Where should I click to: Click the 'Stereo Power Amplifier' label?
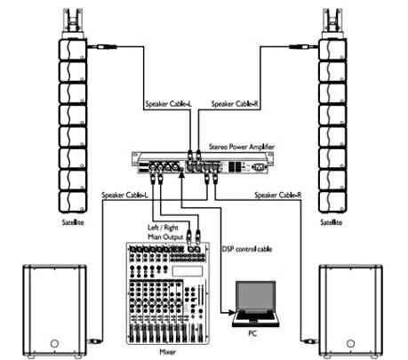(242, 147)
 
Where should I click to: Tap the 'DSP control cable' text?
(247, 249)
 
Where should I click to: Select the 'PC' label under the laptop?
(252, 333)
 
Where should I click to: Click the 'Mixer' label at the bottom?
(168, 352)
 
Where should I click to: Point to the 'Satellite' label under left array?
(73, 222)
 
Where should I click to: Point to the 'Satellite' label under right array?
(332, 222)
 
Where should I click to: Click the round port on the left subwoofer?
(54, 344)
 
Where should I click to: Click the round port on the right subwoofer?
(351, 344)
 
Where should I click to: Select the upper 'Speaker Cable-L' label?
(169, 104)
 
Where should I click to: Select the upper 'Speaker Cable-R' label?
(235, 104)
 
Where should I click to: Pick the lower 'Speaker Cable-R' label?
(278, 195)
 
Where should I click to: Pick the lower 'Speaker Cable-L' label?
(124, 195)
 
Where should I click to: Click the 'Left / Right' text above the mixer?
(163, 228)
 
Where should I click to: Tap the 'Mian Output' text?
(165, 237)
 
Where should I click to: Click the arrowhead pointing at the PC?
(232, 312)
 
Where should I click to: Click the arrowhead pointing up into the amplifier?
(182, 175)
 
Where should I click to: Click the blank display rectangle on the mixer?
(188, 271)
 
